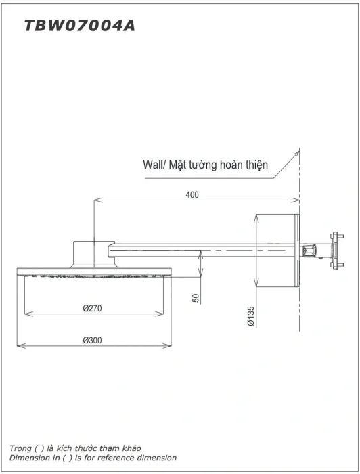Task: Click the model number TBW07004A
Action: [x=79, y=26]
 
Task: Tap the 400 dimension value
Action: [x=192, y=195]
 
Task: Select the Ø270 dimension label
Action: [x=92, y=308]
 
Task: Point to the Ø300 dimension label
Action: [x=92, y=340]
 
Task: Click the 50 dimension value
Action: [x=196, y=298]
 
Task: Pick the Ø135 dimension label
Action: [x=250, y=316]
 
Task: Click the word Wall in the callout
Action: [x=153, y=165]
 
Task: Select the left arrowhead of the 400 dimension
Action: [x=97, y=200]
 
